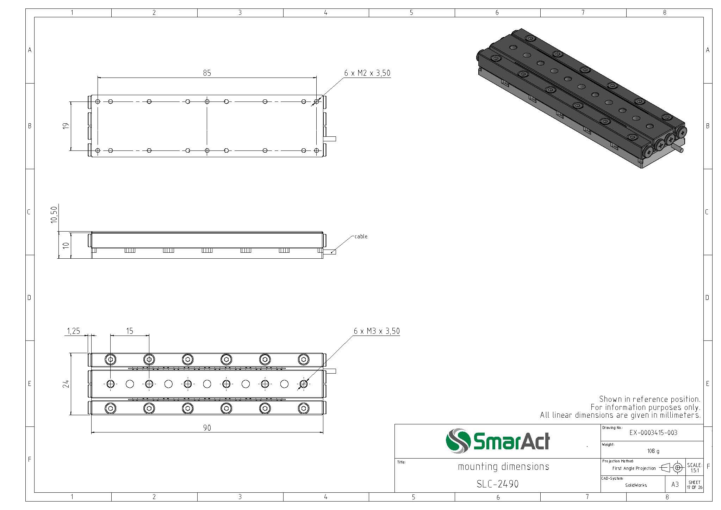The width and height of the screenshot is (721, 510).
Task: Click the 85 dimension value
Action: click(207, 73)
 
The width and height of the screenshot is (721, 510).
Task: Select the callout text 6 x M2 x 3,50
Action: click(367, 73)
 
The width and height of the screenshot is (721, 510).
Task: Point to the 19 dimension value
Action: click(66, 126)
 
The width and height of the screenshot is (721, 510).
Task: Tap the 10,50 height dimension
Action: click(54, 214)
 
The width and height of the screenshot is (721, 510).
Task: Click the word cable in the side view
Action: click(361, 236)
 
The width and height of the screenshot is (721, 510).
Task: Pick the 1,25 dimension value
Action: click(73, 331)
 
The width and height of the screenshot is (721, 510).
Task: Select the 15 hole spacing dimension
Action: click(130, 331)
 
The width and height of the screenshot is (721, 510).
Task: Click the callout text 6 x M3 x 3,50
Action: click(377, 331)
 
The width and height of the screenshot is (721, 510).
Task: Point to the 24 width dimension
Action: click(66, 384)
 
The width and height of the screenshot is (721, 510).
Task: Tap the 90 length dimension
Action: click(207, 428)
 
